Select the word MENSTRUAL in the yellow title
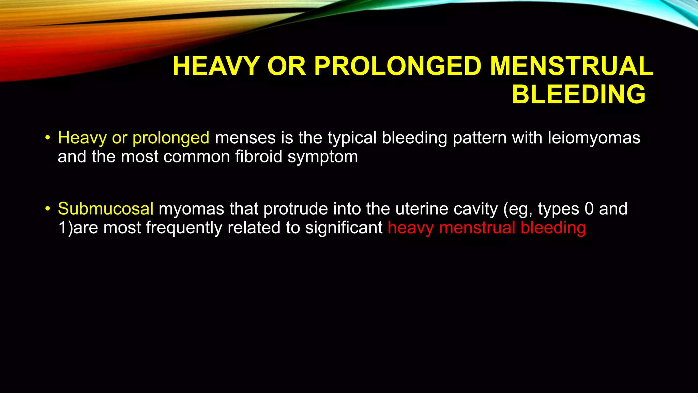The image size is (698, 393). (x=572, y=66)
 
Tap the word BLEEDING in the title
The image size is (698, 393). (x=578, y=94)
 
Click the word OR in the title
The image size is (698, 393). (x=287, y=66)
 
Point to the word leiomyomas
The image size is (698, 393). (x=594, y=138)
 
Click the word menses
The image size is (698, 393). (x=245, y=138)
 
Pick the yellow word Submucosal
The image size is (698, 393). (x=106, y=209)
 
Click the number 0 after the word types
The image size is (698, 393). (x=589, y=209)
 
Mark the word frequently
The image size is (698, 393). (x=184, y=228)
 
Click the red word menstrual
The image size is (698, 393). (x=477, y=228)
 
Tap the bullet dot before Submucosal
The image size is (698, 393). (x=47, y=208)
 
